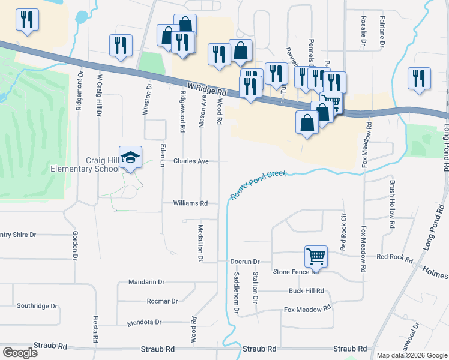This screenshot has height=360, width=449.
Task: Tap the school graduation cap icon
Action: (130, 158)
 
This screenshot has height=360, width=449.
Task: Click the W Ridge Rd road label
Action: (205, 89)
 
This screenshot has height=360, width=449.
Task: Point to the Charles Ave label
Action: (191, 161)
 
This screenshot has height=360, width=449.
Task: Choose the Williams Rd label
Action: (190, 203)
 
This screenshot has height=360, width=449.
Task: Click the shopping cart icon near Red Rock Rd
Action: (315, 256)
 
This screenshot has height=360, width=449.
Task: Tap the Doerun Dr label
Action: (244, 262)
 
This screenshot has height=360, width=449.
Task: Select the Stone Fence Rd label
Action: (295, 272)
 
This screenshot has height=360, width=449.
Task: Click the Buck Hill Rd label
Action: (306, 291)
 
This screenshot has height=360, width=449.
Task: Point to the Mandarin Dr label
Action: (146, 281)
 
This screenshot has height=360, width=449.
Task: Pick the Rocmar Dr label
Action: (162, 301)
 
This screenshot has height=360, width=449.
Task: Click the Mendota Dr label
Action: (145, 322)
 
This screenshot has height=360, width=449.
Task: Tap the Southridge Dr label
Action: (37, 305)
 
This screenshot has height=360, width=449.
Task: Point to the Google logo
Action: (20, 352)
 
